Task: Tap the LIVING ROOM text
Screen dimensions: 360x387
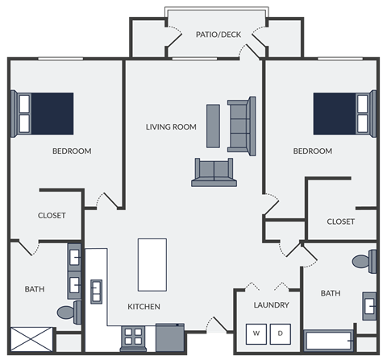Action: point(171,126)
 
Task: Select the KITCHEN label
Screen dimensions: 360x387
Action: point(144,306)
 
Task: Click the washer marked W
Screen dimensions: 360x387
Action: point(256,333)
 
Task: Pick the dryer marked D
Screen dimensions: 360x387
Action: point(281,333)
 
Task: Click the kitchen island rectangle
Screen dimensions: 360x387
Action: point(152,264)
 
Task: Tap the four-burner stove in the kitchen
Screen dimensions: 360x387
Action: point(132,337)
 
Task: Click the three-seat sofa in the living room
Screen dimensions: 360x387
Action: point(241,125)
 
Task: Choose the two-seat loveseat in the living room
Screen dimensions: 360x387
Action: point(214,172)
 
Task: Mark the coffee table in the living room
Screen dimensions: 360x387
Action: point(213,126)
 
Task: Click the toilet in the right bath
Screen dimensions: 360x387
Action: point(364,262)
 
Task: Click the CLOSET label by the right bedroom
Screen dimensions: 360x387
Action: point(341,221)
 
